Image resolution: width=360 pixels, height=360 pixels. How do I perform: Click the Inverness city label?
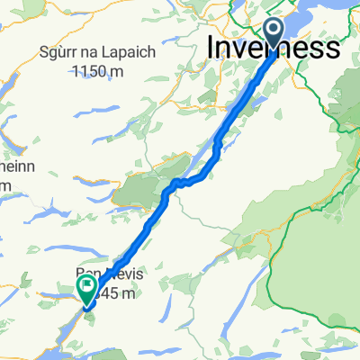pyautogui.click(x=274, y=48)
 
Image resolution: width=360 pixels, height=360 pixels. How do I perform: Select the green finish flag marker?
pyautogui.click(x=87, y=290)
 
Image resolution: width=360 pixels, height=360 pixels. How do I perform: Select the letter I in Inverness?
pyautogui.click(x=212, y=48)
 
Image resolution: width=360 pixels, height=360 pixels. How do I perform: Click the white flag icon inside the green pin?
pyautogui.click(x=87, y=288)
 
